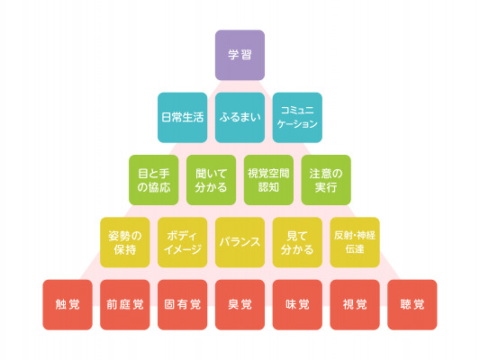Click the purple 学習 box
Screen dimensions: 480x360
[240, 55]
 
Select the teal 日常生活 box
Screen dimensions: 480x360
[183, 118]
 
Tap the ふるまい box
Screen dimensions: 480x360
[240, 118]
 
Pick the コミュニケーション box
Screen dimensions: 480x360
[297, 118]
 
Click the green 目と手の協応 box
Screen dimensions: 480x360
[154, 180]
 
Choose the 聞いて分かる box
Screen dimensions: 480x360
[212, 180]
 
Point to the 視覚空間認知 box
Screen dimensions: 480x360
[268, 180]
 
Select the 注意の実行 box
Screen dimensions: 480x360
[326, 180]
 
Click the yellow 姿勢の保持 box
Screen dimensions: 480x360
[125, 242]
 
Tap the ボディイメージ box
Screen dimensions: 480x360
[183, 242]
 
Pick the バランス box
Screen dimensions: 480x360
[240, 242]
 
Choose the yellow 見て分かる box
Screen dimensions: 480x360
[297, 242]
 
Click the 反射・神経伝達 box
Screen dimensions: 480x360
[355, 242]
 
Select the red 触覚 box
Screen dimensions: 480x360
[68, 304]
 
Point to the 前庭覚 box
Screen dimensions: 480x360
[125, 304]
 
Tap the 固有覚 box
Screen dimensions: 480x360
[183, 304]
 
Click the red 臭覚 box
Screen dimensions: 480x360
[240, 304]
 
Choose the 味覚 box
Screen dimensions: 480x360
[297, 304]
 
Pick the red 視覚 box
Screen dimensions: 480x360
[355, 304]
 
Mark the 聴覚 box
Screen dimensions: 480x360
[412, 304]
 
